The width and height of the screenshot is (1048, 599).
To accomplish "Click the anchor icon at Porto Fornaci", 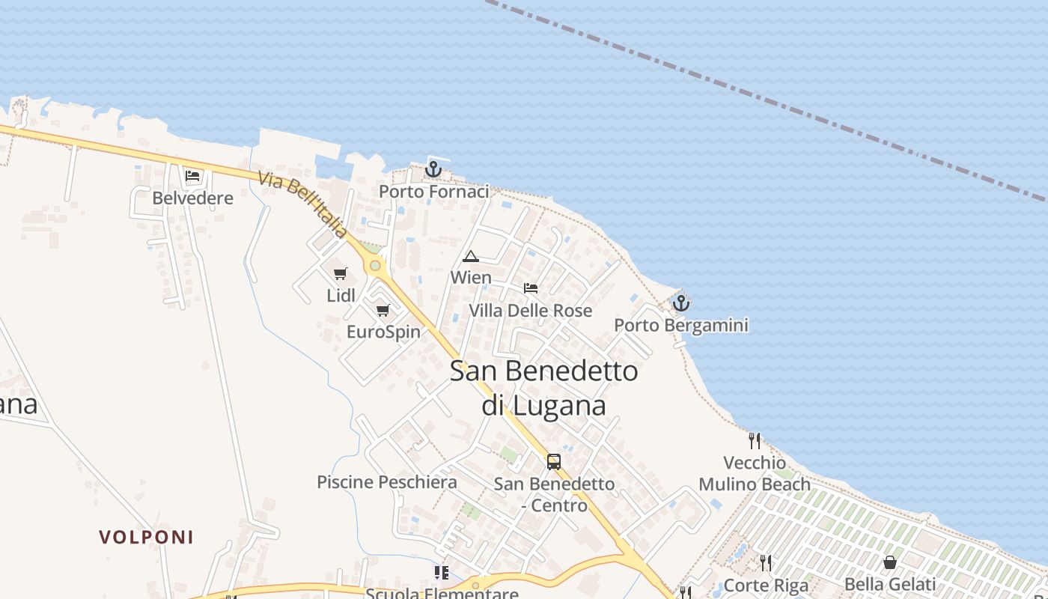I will tap(433, 170).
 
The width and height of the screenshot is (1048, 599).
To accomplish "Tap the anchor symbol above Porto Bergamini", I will tap(680, 303).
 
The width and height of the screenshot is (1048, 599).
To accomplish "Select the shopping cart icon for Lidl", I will tap(341, 273).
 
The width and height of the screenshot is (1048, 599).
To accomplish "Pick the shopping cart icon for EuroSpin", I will tap(383, 310).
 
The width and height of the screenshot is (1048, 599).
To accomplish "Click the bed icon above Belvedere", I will tap(192, 177).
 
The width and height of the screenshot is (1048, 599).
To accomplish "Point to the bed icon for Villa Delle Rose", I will tap(531, 288).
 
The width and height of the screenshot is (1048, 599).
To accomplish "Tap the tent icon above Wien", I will tap(471, 256).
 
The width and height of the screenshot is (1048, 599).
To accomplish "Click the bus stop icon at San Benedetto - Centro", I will tap(554, 461).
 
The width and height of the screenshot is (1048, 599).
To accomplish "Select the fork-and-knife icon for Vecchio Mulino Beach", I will tap(755, 440).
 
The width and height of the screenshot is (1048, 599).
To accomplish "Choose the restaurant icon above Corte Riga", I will tap(766, 562).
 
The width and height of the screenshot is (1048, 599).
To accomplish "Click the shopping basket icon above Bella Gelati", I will tap(890, 562).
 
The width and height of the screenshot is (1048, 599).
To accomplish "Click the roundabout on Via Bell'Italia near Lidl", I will tap(375, 266).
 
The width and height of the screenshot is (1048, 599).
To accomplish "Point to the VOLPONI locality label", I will tap(147, 537).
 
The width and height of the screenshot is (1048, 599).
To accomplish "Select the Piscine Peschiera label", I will tap(387, 482).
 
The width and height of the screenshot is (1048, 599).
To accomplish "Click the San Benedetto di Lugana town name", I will tap(543, 387).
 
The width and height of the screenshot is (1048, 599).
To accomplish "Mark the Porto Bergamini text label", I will tap(681, 325).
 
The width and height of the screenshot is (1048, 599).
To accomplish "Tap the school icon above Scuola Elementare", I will tap(442, 573).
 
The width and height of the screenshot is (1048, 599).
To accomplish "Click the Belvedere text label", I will tap(192, 198).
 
